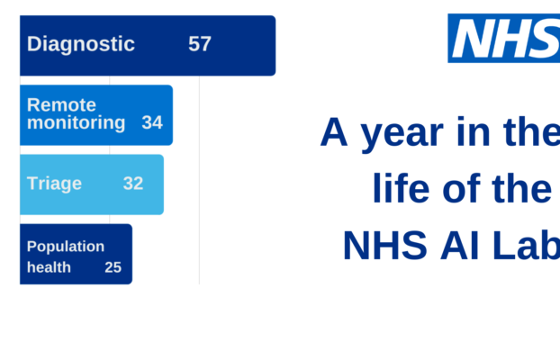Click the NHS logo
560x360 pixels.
pos(504,38)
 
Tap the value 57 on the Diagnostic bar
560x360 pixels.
pos(200,44)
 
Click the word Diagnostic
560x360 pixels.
pos(81,44)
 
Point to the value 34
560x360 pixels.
pos(152,122)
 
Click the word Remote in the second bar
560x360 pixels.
pos(61,105)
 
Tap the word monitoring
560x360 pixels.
pos(77,122)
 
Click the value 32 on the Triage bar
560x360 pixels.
pos(133,184)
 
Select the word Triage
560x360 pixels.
pos(54,184)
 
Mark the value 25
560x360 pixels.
pos(113,267)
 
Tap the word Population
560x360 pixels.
pos(66,247)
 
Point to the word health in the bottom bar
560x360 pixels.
pos(49,267)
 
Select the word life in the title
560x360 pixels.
pos(397,190)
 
